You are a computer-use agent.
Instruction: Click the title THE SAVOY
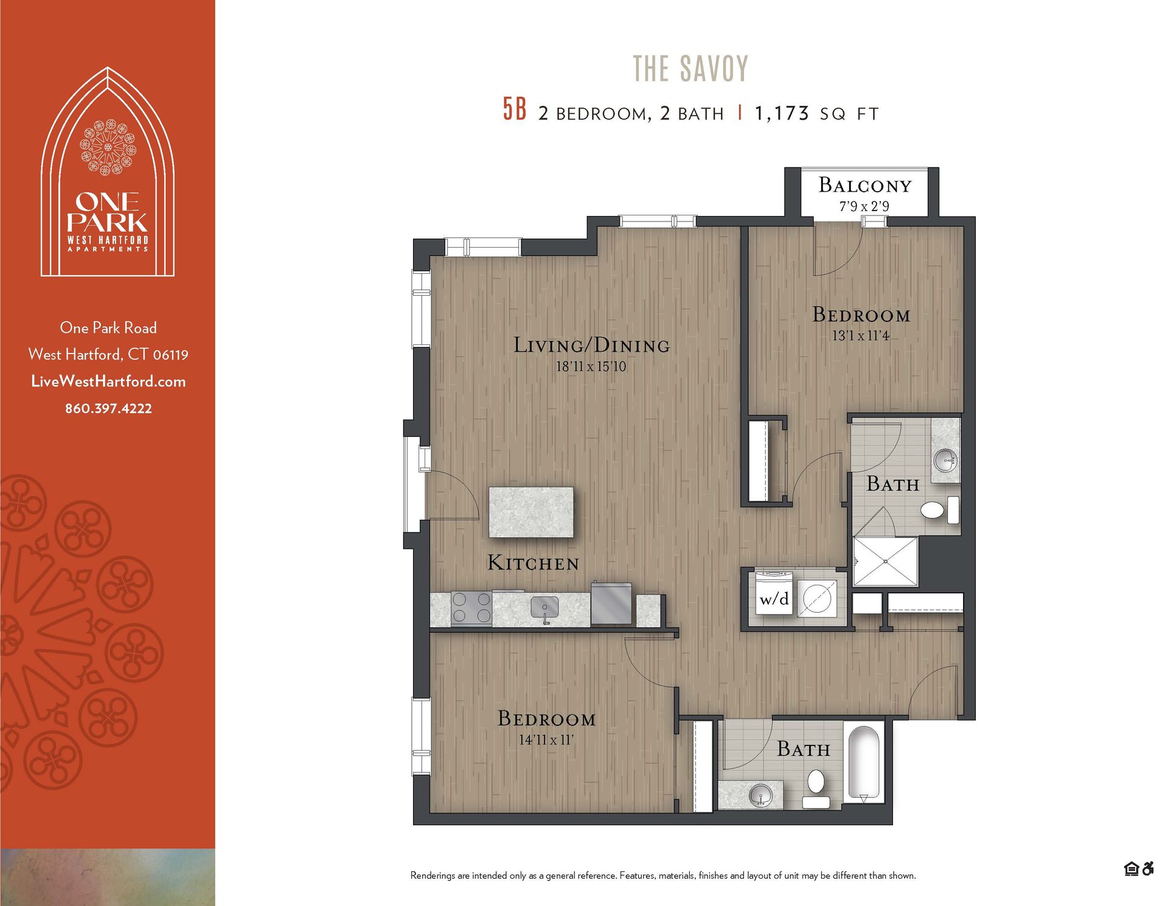(x=690, y=68)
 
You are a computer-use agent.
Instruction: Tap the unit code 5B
(x=514, y=110)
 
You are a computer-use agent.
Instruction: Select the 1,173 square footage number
(x=782, y=113)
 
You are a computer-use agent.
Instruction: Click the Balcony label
(x=864, y=185)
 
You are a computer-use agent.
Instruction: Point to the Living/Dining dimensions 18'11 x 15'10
(x=591, y=366)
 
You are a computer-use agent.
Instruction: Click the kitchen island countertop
(x=531, y=512)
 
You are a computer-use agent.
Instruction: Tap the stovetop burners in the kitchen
(x=471, y=607)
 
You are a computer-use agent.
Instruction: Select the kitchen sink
(x=544, y=607)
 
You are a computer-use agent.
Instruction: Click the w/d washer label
(x=774, y=599)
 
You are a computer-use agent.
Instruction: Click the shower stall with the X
(x=885, y=562)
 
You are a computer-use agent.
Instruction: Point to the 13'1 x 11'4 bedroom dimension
(x=860, y=335)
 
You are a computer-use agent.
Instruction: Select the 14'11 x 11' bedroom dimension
(x=546, y=740)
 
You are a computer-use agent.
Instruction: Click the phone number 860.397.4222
(x=108, y=408)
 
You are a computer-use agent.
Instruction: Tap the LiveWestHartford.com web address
(x=108, y=382)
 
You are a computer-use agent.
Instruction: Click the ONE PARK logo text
(x=108, y=212)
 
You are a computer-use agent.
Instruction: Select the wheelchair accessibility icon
(x=1148, y=869)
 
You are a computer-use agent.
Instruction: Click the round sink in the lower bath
(x=760, y=795)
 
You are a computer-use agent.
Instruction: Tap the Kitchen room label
(x=533, y=563)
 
